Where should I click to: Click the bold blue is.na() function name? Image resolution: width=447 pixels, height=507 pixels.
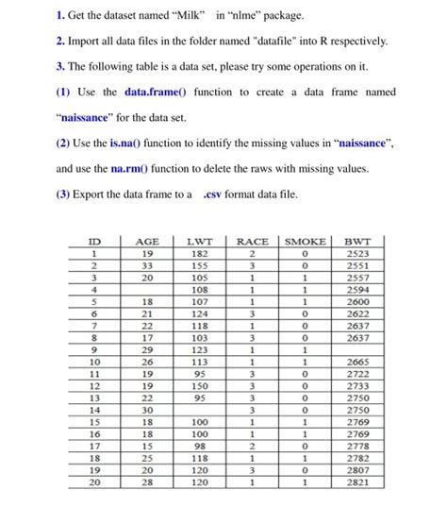[x=128, y=142]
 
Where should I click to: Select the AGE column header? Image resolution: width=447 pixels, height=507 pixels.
[x=147, y=242]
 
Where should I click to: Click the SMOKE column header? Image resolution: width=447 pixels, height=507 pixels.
[x=306, y=242]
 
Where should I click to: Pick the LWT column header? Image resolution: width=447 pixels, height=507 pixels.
[x=199, y=242]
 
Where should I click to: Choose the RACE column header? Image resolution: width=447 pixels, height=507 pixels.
[x=253, y=242]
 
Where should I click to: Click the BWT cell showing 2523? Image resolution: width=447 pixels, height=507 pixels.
[x=358, y=254]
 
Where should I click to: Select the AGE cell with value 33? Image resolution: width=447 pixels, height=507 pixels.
[x=147, y=267]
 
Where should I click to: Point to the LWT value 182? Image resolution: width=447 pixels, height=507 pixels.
[x=199, y=254]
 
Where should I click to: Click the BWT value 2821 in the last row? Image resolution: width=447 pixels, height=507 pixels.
[x=358, y=482]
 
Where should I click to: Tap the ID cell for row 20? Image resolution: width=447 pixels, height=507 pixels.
[x=94, y=482]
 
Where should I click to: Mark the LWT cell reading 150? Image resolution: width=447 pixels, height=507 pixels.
[x=199, y=385]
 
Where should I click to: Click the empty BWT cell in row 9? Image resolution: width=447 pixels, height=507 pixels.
[x=358, y=349]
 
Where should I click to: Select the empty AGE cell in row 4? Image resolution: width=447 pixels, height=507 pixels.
[x=147, y=290]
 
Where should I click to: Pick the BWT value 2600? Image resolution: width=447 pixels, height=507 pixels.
[x=358, y=301]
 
